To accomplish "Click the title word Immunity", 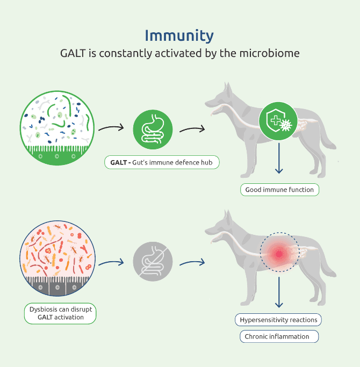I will point(179,36).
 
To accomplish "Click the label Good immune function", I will point(279,190).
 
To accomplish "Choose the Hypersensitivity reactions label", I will point(278,320).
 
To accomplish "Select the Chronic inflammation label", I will point(278,336).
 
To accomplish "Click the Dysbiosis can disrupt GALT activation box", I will point(60,313).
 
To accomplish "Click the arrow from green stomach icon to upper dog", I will point(192,129).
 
